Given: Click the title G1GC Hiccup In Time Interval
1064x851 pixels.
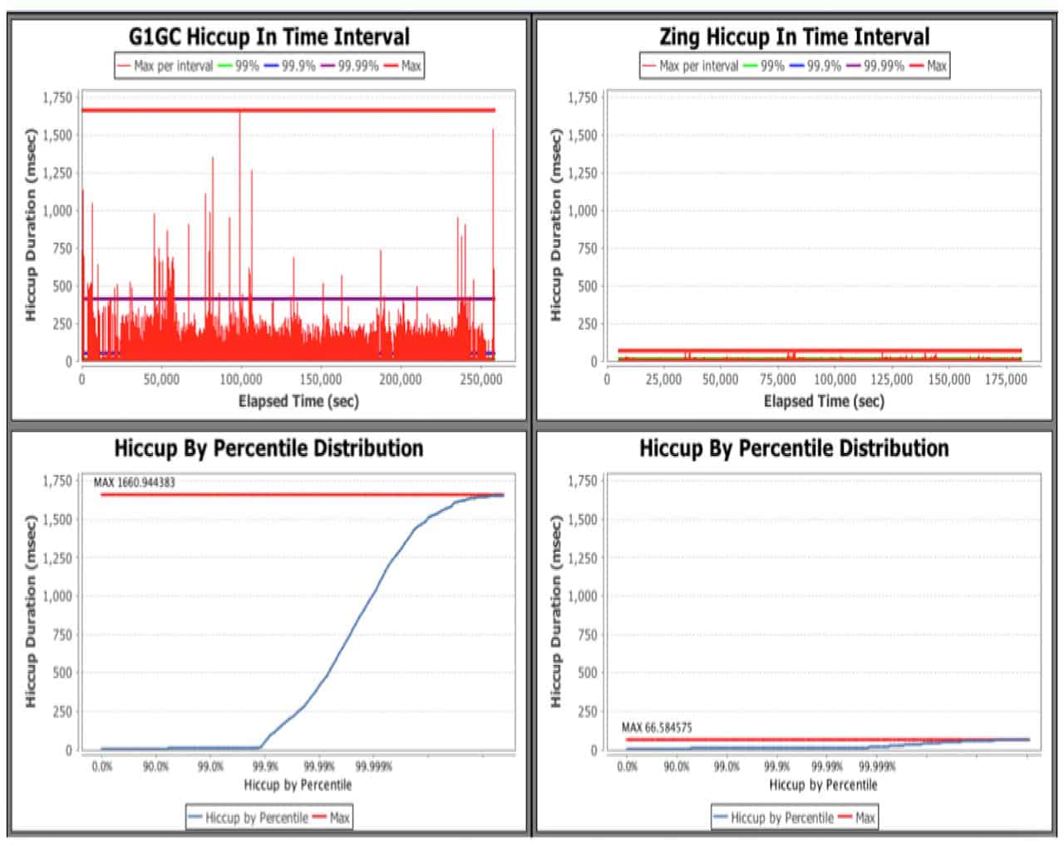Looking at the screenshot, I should click(268, 37).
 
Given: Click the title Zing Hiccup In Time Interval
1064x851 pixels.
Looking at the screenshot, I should click(794, 37).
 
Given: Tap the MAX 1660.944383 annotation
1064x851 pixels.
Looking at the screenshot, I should click(134, 482).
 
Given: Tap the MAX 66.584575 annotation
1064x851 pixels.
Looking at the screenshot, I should click(657, 728).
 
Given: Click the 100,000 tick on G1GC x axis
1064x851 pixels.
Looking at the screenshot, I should click(241, 379).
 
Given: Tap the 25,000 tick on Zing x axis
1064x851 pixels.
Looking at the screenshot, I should click(663, 379).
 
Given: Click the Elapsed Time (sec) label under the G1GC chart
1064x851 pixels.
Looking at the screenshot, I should click(298, 401).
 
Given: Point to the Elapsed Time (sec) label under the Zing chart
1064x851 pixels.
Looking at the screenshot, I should click(824, 401).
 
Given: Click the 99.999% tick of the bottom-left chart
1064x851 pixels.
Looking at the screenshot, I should click(374, 766).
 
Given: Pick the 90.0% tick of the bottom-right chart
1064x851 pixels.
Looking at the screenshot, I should click(677, 766).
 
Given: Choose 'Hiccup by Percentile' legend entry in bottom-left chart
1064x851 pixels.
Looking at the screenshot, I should click(256, 818).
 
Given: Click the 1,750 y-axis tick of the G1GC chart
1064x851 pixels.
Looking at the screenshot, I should click(57, 98).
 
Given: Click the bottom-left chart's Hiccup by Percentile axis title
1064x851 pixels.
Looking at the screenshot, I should click(298, 785).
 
